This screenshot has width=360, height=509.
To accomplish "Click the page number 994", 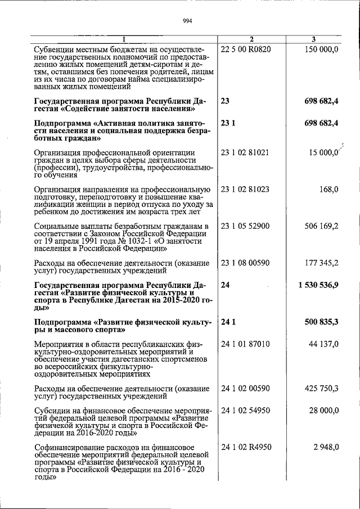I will [188, 21].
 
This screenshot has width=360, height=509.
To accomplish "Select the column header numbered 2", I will [251, 39].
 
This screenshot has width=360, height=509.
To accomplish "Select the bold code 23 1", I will [228, 123].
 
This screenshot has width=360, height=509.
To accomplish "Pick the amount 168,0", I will [328, 190].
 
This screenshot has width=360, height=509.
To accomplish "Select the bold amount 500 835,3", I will [319, 322].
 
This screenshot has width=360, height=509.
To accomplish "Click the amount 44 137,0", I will [322, 344].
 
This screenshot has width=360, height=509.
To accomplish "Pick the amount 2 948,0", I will [325, 447].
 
